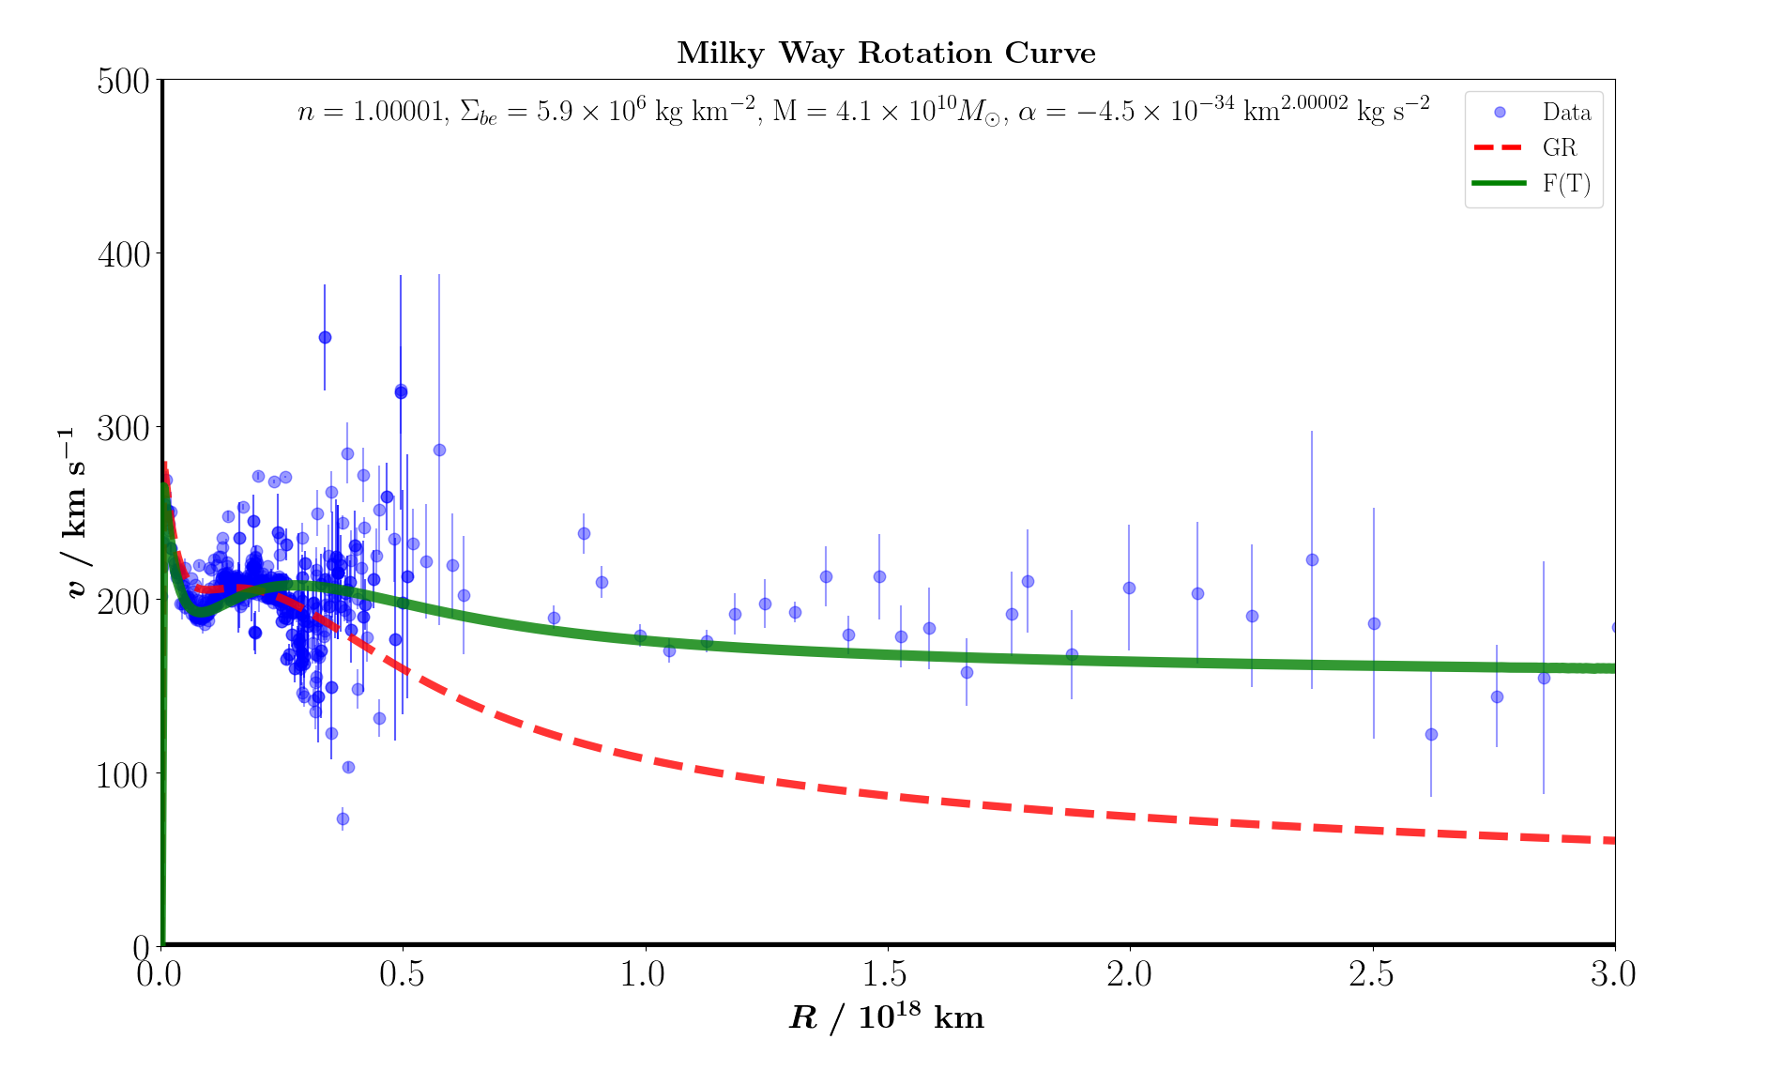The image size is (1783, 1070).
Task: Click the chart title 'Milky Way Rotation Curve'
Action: click(886, 53)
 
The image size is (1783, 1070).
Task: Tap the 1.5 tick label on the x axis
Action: click(887, 974)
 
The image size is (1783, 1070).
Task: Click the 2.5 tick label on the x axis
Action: click(1372, 974)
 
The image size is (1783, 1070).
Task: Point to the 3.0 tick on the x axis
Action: click(1613, 974)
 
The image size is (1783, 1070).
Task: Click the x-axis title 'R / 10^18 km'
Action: click(887, 1017)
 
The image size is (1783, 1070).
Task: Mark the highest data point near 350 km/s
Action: click(325, 337)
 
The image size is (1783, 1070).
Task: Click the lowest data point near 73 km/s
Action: click(343, 818)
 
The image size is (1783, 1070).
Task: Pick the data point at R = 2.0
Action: click(1129, 588)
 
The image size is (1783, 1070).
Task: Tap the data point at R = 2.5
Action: click(1374, 623)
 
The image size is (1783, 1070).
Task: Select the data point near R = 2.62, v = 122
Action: click(1431, 734)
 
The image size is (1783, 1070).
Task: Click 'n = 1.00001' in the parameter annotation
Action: click(370, 113)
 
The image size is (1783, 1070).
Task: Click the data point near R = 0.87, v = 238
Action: click(584, 533)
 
